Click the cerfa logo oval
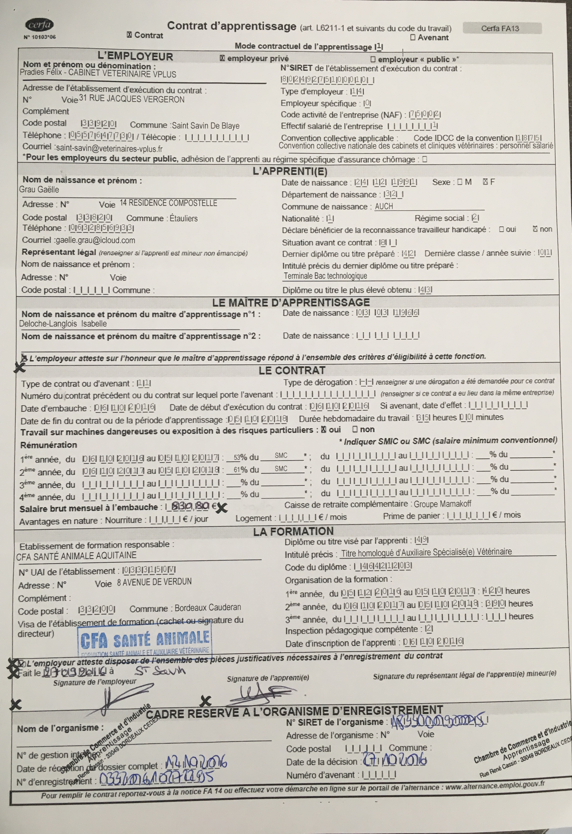click(39, 25)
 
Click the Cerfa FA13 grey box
click(502, 28)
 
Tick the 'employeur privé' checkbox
click(222, 58)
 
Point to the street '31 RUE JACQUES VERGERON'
click(132, 99)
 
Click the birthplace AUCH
click(384, 206)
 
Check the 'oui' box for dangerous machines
click(324, 429)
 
